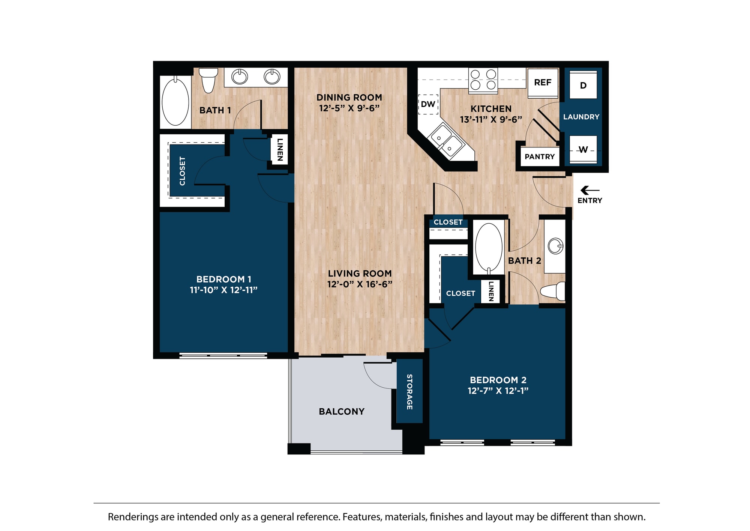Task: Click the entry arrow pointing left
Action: pyautogui.click(x=589, y=191)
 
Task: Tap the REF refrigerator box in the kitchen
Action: pyautogui.click(x=542, y=83)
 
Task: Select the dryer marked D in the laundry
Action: pyautogui.click(x=583, y=86)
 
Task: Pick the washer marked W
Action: pyautogui.click(x=583, y=150)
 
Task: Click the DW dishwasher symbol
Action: pyautogui.click(x=428, y=104)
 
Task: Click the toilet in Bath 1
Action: pyautogui.click(x=208, y=80)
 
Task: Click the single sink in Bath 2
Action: pyautogui.click(x=555, y=247)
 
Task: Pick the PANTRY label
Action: pyautogui.click(x=539, y=157)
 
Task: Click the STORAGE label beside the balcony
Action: pyautogui.click(x=409, y=391)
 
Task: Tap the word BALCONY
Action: pyautogui.click(x=341, y=412)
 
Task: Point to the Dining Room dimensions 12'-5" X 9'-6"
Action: pyautogui.click(x=349, y=108)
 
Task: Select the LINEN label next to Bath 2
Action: pyautogui.click(x=491, y=291)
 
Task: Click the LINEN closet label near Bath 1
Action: pyautogui.click(x=280, y=150)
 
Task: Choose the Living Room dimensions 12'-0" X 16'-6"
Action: pyautogui.click(x=360, y=284)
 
